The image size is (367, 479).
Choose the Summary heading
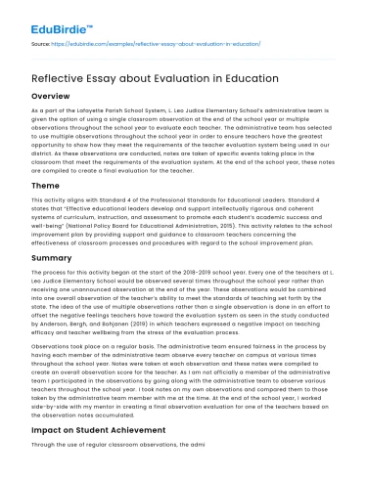point(47,256)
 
